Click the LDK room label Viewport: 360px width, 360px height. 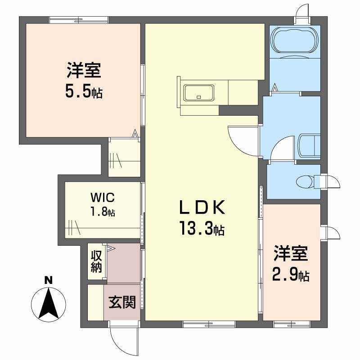click(x=202, y=209)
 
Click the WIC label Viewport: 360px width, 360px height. click(x=103, y=197)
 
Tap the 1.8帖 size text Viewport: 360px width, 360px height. click(x=103, y=211)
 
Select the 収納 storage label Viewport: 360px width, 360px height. click(x=96, y=261)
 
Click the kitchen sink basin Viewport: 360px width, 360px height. click(x=198, y=93)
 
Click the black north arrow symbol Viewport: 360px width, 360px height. click(x=49, y=303)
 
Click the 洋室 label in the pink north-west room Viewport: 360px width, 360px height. click(x=84, y=72)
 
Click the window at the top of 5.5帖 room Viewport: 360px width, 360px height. click(x=79, y=19)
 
